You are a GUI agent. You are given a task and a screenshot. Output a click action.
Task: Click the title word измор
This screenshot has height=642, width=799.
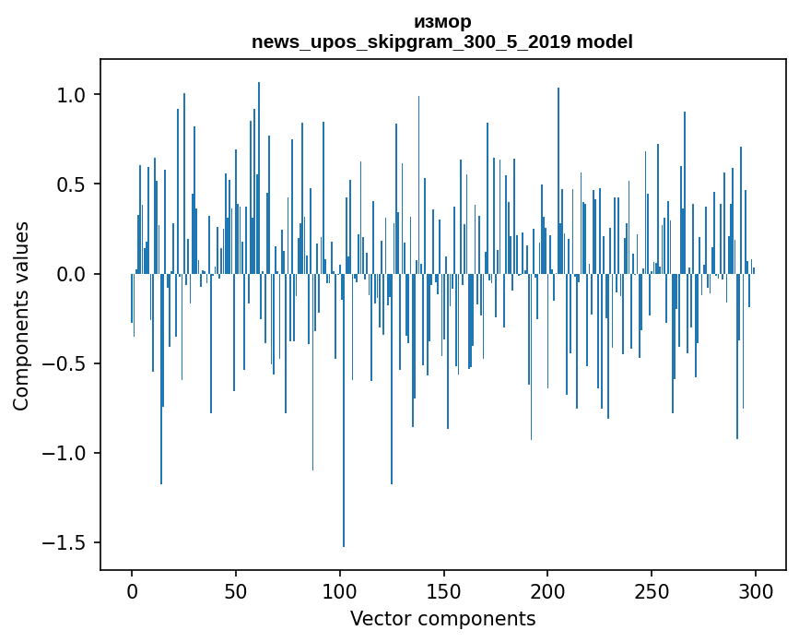pos(442,21)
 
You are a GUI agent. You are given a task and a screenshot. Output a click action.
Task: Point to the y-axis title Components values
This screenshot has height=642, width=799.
pos(21,315)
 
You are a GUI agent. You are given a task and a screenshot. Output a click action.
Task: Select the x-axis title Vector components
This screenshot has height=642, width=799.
pos(442,618)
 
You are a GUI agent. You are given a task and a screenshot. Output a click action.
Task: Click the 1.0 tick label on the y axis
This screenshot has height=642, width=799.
pos(70,95)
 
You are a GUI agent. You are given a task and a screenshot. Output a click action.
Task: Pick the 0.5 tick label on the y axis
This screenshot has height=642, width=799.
pos(70,184)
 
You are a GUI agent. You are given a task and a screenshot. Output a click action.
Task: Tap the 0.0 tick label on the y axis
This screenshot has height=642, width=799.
pos(70,274)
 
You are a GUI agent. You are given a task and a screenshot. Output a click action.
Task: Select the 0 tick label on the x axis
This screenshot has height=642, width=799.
pos(132,590)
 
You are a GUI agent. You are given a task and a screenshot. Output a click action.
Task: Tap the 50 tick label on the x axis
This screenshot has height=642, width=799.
pos(236,590)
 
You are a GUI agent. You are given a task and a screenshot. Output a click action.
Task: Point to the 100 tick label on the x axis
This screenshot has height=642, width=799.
pos(340,590)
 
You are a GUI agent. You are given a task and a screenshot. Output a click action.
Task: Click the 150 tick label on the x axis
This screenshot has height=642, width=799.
pos(443,590)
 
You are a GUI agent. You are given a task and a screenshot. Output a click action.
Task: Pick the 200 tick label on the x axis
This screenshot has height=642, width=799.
pos(547,590)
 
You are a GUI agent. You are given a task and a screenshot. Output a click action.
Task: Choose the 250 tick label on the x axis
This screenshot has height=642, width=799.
pos(652,590)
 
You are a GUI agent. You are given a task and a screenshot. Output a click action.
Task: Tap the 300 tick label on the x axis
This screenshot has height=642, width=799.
pos(756,590)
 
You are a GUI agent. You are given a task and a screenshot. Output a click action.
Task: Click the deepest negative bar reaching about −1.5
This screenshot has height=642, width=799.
pos(344,415)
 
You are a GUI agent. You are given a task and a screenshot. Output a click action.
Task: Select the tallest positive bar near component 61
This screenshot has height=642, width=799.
pos(259,175)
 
